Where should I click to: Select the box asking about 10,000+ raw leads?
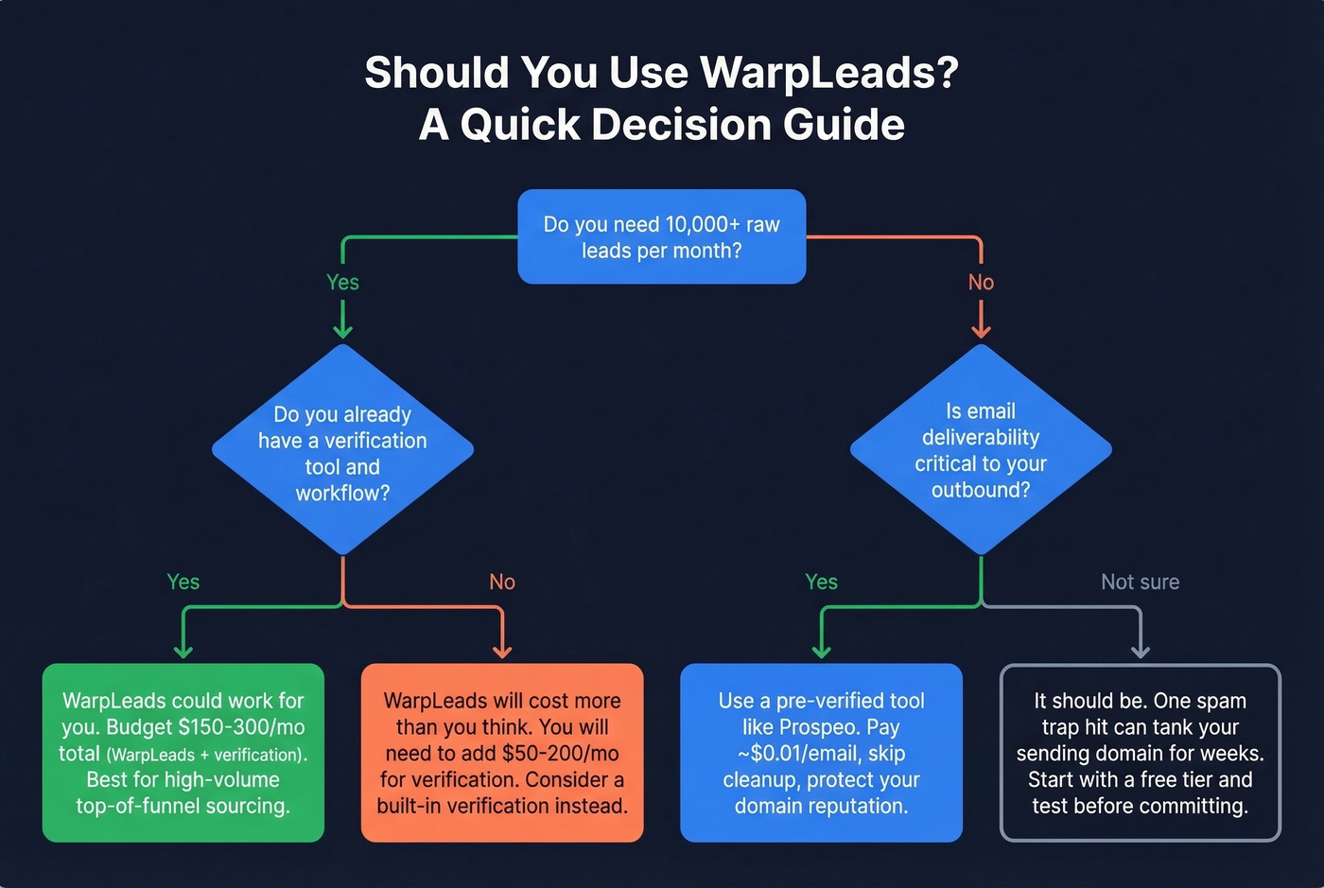click(x=661, y=236)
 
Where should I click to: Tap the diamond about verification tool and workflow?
click(x=342, y=450)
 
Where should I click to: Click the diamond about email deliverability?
click(x=981, y=450)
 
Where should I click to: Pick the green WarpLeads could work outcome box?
click(x=183, y=753)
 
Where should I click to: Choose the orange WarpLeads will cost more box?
click(x=502, y=753)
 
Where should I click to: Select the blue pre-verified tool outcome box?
click(x=821, y=753)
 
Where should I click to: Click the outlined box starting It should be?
click(x=1140, y=753)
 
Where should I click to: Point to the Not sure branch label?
click(x=1140, y=582)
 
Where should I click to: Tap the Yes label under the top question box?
click(x=342, y=282)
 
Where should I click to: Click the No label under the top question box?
click(x=981, y=282)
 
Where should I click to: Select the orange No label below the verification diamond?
click(x=502, y=582)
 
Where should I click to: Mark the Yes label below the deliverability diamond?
click(x=821, y=582)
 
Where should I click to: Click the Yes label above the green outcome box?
click(x=183, y=582)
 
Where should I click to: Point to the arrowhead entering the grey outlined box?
click(x=1141, y=652)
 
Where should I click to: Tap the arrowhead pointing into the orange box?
click(x=502, y=652)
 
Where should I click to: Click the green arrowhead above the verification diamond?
click(x=342, y=331)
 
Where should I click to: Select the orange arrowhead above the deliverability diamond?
click(x=981, y=331)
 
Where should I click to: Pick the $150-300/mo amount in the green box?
click(x=241, y=727)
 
